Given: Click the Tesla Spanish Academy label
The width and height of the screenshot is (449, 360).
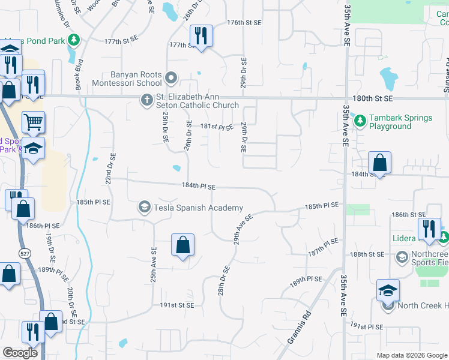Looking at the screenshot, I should (199, 208).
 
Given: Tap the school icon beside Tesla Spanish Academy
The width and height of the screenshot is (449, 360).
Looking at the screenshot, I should (144, 208).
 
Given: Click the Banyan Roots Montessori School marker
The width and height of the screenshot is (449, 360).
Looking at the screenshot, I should (171, 78).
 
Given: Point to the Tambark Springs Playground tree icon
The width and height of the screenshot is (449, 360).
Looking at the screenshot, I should (360, 121).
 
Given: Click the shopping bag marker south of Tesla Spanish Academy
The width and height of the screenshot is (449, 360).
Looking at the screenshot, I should (182, 245).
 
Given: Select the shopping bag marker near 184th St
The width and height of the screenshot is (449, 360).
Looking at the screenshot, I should (380, 163).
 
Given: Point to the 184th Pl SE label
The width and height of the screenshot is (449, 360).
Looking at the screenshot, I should (199, 187).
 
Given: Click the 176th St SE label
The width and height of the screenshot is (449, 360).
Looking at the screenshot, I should (244, 22).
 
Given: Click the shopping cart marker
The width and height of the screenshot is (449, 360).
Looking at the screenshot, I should (34, 122).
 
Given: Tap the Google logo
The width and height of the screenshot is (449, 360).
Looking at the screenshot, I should (20, 353).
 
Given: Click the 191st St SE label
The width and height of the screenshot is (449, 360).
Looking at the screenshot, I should (177, 305).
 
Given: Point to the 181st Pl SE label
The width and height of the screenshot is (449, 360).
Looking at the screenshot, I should (216, 127).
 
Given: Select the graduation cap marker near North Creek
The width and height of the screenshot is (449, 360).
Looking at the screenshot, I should (388, 291).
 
